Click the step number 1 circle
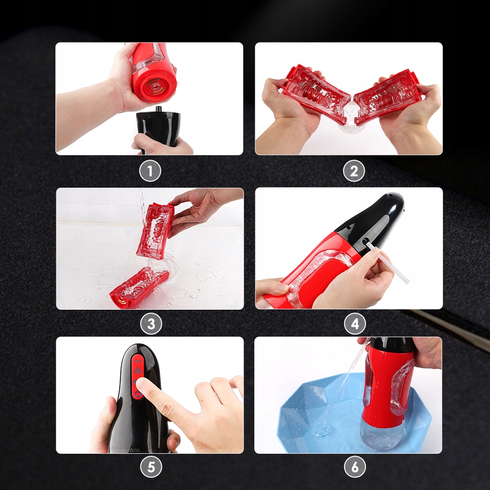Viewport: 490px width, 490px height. coord(150,171)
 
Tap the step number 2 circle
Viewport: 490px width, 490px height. coord(354,171)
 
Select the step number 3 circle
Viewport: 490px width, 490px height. coord(151,324)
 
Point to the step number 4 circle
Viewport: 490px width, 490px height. coord(355,324)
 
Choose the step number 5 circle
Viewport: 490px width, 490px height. coord(151,467)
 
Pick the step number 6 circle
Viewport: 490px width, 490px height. coord(355,467)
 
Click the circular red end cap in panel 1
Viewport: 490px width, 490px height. coord(155,85)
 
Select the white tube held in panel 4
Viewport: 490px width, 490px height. coord(388,263)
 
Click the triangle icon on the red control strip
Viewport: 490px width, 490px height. coord(137,370)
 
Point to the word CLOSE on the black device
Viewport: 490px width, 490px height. coord(135,451)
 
